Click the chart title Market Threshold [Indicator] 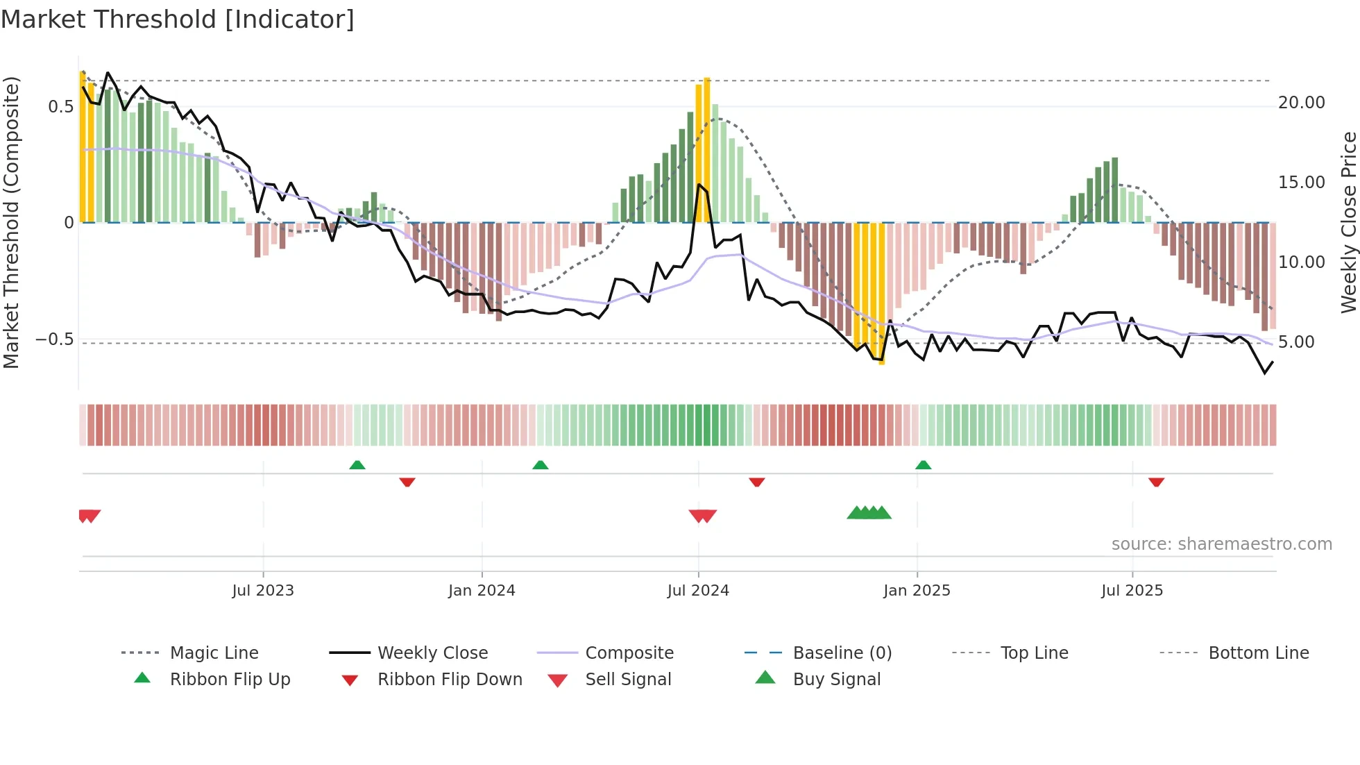178,19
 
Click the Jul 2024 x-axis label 698,591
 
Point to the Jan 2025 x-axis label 917,591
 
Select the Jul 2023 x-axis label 263,591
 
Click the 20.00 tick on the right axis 1301,103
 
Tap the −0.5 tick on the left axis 55,339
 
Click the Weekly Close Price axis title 1348,222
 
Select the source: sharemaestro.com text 1221,544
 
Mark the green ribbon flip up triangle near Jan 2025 923,465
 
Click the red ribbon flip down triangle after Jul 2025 1156,482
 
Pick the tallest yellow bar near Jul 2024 707,149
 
